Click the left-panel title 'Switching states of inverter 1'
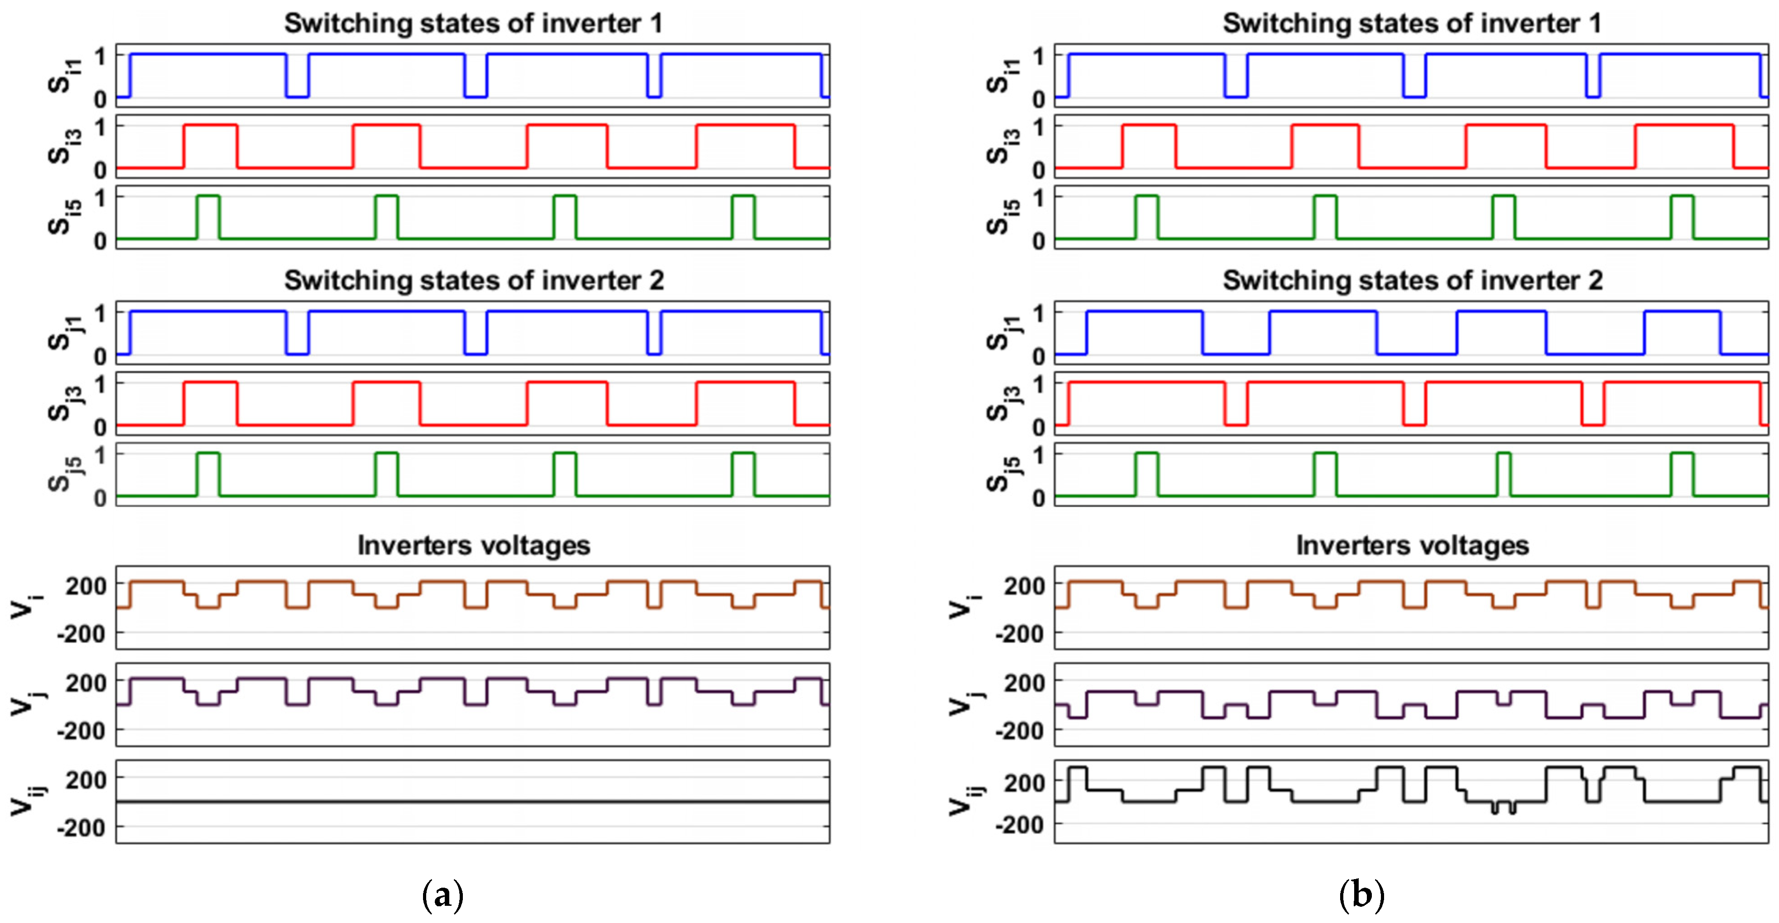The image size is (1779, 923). [473, 24]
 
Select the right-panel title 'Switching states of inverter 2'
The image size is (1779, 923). [1412, 280]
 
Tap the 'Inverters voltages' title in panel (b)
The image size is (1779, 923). [1412, 545]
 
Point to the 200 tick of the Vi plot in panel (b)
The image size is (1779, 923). [1024, 585]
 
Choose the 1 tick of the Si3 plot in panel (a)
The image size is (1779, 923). [100, 127]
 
